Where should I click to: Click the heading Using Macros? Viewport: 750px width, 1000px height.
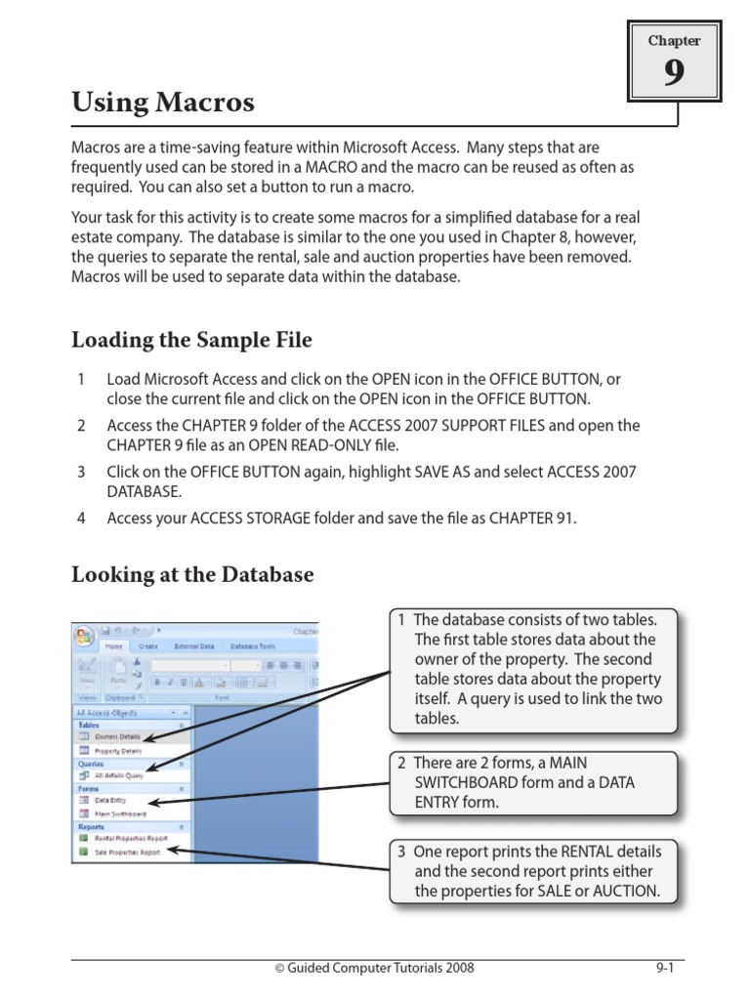[163, 102]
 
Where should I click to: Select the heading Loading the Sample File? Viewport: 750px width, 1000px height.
[191, 340]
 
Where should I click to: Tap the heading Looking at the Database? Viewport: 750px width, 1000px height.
[192, 574]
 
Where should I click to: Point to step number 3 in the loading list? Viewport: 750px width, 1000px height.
[82, 472]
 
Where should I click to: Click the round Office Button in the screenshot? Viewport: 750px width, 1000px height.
[84, 636]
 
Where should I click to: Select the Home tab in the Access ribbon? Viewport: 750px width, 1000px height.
[115, 646]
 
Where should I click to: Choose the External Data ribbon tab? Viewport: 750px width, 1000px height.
[195, 646]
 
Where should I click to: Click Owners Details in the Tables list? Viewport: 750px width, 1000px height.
[117, 736]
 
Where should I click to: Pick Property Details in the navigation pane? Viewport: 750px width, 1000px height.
[117, 751]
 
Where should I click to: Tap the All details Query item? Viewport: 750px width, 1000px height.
[118, 775]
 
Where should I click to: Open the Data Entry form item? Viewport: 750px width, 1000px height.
[110, 800]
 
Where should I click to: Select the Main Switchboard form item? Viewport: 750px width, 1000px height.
[120, 812]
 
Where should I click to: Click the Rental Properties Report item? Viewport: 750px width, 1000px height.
[131, 838]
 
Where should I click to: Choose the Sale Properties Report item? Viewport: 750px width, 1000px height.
[127, 852]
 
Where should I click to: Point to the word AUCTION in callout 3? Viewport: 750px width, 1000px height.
[622, 891]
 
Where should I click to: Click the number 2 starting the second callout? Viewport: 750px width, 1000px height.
[401, 762]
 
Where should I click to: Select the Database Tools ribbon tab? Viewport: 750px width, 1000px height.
[253, 646]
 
